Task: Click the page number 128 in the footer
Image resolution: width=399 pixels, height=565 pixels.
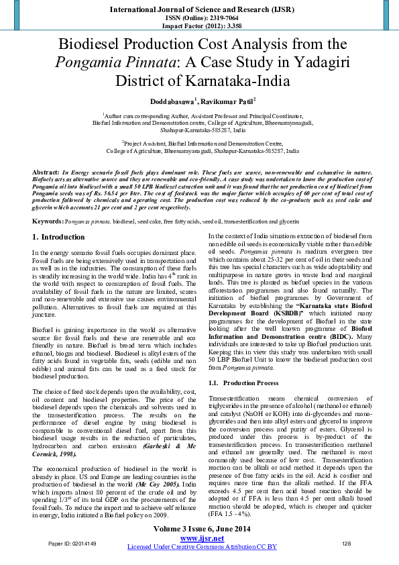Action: (347, 543)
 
